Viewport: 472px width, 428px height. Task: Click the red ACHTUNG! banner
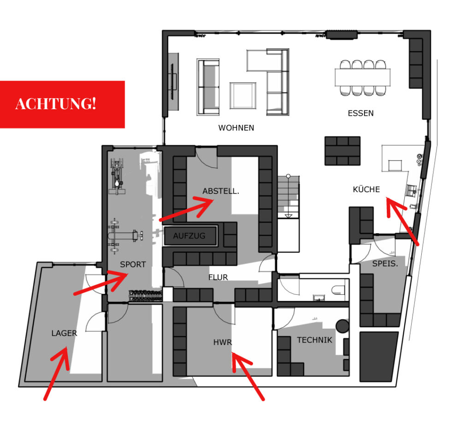tap(62, 105)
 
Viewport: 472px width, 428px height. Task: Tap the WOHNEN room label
tap(236, 128)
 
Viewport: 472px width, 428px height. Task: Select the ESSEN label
tap(360, 113)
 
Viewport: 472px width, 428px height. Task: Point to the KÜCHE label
tap(366, 189)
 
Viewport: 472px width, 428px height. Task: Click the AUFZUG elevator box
tap(190, 235)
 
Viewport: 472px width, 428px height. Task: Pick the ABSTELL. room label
tap(221, 191)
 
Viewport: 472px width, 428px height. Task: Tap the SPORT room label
tap(133, 264)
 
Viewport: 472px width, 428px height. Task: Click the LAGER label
tap(65, 333)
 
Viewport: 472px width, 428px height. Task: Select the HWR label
tap(223, 342)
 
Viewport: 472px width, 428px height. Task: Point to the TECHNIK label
tap(314, 340)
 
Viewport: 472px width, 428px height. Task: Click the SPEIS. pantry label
tap(385, 264)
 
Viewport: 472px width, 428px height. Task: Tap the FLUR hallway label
tap(218, 277)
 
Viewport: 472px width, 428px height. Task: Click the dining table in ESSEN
tap(363, 77)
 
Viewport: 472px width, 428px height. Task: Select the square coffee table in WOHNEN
tap(243, 96)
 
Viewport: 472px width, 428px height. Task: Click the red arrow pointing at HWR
tap(248, 376)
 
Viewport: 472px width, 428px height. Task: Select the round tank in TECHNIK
tap(342, 326)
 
